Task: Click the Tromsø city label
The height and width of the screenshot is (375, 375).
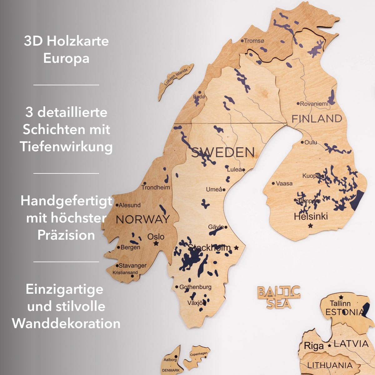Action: [254, 41]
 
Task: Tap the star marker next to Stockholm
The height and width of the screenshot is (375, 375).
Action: [236, 248]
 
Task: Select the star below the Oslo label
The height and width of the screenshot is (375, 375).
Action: [156, 243]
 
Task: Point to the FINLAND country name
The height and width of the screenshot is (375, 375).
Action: [317, 119]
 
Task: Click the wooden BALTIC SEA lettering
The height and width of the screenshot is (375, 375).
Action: [279, 297]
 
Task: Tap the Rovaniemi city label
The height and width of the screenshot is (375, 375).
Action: [314, 104]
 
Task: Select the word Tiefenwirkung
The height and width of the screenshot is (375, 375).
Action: [66, 147]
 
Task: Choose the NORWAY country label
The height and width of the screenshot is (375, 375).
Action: [143, 219]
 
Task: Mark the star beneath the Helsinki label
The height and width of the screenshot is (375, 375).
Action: [310, 225]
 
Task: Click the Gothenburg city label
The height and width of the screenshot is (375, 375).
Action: [195, 287]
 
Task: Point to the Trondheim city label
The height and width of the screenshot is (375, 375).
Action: [155, 187]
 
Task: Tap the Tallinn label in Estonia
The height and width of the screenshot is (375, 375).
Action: [340, 303]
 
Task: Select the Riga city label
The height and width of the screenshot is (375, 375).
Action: [313, 346]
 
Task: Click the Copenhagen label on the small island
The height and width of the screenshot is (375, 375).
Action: [198, 354]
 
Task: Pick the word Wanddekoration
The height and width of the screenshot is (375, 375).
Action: [66, 323]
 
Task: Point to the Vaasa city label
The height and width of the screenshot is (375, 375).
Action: [284, 183]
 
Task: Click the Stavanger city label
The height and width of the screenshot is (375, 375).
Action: [132, 266]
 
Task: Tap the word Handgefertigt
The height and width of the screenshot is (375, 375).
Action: [66, 201]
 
